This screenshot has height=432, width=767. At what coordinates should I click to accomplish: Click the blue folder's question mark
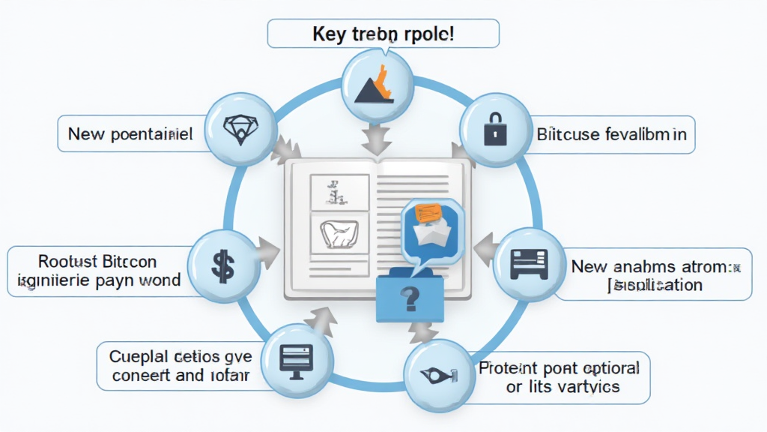coord(410,300)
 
